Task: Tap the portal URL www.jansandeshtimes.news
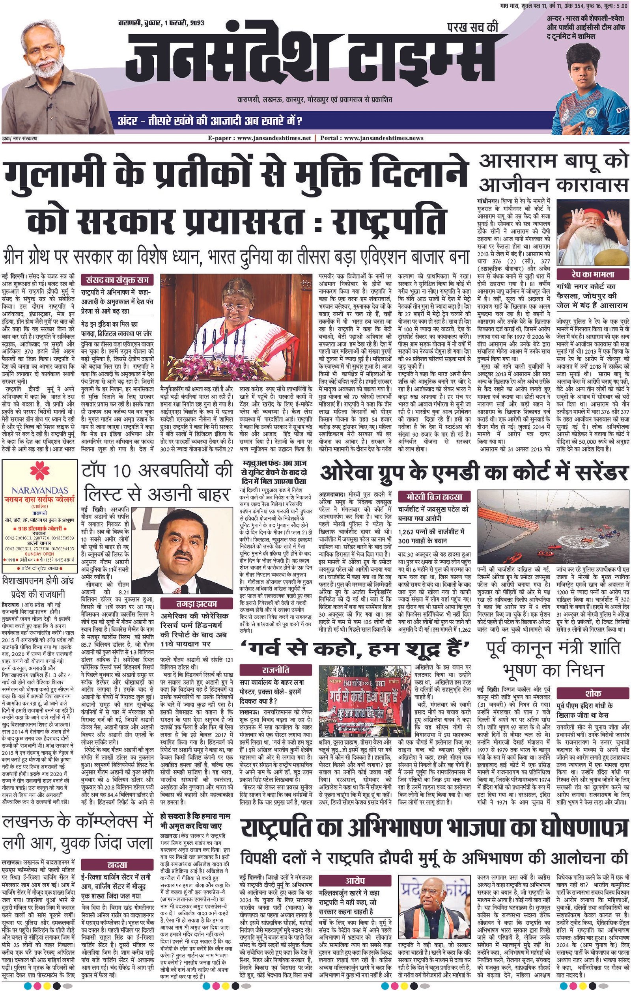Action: pyautogui.click(x=383, y=138)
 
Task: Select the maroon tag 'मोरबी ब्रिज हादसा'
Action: pyautogui.click(x=435, y=496)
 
